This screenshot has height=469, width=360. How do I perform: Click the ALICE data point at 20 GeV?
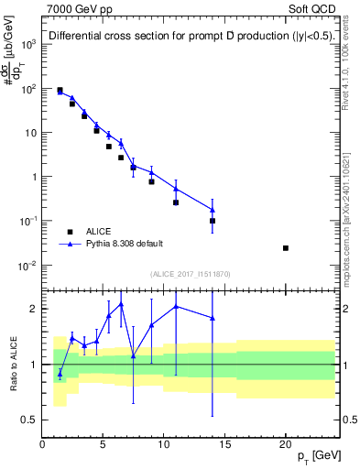pos(286,248)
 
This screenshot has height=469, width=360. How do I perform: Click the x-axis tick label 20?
pos(286,445)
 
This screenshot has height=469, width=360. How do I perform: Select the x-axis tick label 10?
pos(164,445)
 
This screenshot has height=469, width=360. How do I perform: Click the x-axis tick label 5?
pos(104,445)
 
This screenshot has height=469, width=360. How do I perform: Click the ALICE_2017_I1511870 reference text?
pos(190,274)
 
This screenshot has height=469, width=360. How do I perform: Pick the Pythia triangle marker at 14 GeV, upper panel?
pos(213,210)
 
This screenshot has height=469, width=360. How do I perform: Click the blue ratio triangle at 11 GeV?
pos(176,307)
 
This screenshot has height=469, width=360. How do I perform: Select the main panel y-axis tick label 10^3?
pos(29,44)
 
